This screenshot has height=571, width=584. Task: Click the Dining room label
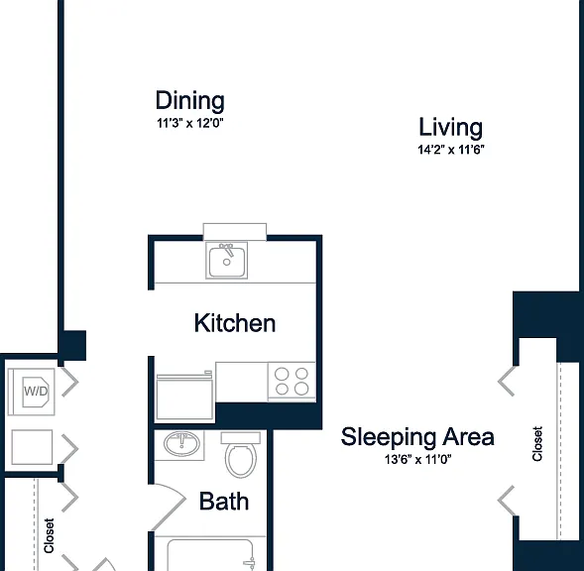[x=190, y=100]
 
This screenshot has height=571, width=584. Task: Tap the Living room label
[x=451, y=127]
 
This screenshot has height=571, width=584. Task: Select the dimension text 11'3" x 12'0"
[x=190, y=123]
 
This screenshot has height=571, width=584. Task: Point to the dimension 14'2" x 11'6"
[x=451, y=150]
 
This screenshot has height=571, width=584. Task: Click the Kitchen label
[x=235, y=323]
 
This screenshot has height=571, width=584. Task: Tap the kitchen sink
[x=226, y=260]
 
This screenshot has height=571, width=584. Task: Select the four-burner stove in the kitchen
[x=292, y=382]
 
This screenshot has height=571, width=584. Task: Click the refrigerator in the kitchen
[x=184, y=398]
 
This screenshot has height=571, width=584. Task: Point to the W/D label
[x=36, y=392]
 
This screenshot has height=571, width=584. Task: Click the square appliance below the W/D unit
[x=32, y=447]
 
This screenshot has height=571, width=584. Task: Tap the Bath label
[x=224, y=501]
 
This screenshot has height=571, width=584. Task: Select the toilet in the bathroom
[x=241, y=455]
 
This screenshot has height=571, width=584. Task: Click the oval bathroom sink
[x=181, y=443]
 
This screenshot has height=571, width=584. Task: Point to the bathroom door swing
[x=169, y=508]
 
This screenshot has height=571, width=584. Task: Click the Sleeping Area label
[x=417, y=436]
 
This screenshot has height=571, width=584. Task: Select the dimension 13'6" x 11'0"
[x=417, y=460]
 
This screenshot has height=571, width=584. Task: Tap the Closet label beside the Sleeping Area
[x=537, y=444]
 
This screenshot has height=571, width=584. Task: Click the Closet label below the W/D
[x=49, y=535]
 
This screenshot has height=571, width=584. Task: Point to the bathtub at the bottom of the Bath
[x=210, y=554]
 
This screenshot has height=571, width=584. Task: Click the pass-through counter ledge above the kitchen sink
[x=235, y=232]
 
